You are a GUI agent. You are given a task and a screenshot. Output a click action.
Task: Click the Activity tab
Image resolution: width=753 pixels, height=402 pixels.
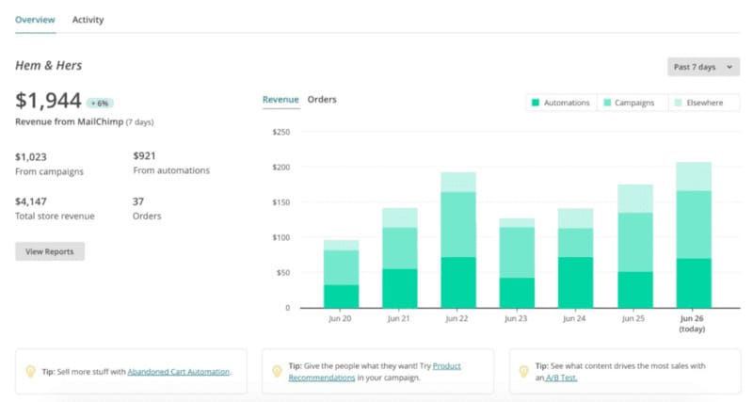[x=88, y=20]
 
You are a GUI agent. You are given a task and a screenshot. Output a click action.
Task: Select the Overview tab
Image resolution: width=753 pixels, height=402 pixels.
[x=35, y=20]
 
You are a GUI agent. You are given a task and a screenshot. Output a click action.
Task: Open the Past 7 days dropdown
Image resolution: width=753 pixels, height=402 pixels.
[x=702, y=67]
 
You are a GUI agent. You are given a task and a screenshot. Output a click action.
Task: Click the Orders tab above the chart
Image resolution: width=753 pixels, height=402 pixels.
[x=322, y=100]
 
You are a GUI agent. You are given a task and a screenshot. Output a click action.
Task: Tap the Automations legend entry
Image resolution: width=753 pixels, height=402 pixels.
[x=561, y=103]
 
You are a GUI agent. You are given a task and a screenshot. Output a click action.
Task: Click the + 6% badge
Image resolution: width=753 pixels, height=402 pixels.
[x=100, y=103]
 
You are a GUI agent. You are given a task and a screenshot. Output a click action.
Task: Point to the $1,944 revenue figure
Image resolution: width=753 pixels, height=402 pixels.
[x=48, y=101]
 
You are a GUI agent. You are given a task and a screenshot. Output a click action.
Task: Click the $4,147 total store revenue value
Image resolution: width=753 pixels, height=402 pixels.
[x=31, y=201]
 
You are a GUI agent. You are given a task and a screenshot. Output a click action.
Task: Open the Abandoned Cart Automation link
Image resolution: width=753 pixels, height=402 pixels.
[x=178, y=372]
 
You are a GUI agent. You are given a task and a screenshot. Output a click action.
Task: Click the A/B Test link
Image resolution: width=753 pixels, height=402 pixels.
[x=562, y=378]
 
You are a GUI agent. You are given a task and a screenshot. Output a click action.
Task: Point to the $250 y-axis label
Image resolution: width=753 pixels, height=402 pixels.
[x=280, y=132]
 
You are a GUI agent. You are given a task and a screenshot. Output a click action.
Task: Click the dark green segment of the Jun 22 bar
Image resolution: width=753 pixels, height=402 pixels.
[x=458, y=282]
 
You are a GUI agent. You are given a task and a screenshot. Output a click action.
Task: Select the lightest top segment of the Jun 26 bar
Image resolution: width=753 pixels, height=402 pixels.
[x=694, y=176]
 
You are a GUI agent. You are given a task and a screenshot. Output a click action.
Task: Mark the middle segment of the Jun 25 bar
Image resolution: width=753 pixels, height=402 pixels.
[x=635, y=242]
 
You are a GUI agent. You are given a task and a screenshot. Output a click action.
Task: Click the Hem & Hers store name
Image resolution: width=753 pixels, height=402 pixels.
[x=48, y=66]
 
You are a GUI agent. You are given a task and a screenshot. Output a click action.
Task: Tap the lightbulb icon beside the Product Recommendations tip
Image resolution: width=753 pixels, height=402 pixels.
[x=277, y=371]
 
